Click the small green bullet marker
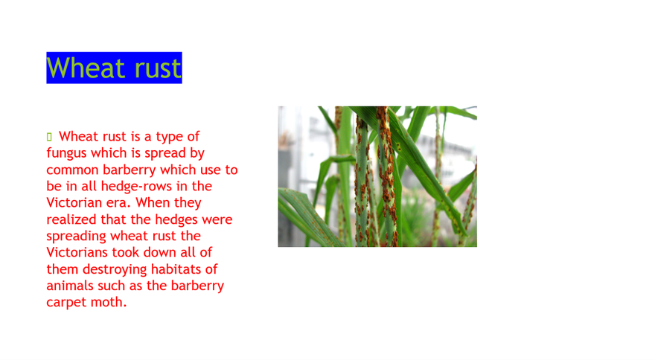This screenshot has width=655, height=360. [x=49, y=137]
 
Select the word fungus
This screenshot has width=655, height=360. [x=67, y=154]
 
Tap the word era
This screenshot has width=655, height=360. [x=121, y=203]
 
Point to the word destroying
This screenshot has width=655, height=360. [x=115, y=270]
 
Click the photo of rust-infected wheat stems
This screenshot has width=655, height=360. [x=377, y=176]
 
